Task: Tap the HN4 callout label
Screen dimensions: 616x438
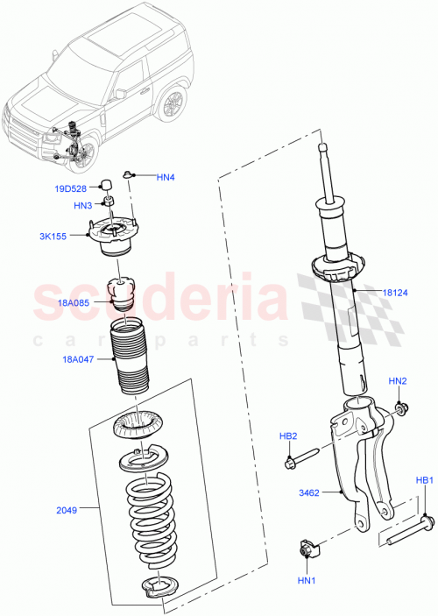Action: (166, 178)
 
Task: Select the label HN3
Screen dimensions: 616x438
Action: (83, 206)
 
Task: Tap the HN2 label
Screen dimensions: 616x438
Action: (398, 381)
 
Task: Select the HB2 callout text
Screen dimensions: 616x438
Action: (289, 435)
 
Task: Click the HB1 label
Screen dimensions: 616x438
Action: (424, 480)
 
